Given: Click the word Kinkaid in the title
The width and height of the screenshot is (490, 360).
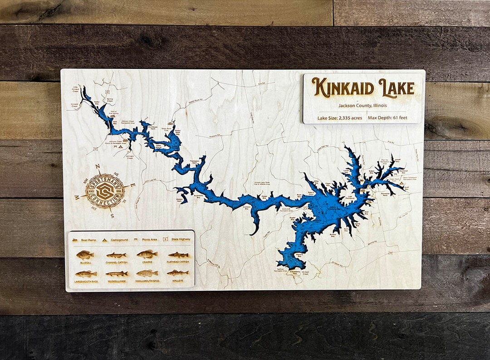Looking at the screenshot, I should [342, 88].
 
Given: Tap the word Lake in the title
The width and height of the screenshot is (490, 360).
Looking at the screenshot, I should [396, 87].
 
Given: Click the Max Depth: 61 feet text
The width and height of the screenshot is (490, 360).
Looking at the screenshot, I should [387, 118].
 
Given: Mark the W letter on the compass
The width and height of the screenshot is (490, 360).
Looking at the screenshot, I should [77, 197].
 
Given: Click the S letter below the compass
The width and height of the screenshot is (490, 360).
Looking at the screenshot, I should [112, 216].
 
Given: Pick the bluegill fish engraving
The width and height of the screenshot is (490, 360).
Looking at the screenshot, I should [85, 255].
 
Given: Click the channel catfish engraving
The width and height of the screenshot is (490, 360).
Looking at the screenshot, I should [116, 255].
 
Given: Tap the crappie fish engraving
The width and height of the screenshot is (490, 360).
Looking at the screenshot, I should [147, 254].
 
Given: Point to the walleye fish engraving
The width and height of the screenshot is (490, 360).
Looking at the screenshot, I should [177, 273].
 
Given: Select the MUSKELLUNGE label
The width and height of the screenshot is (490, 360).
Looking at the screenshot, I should [116, 282].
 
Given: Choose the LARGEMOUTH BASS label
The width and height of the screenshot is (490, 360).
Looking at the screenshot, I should [86, 282].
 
